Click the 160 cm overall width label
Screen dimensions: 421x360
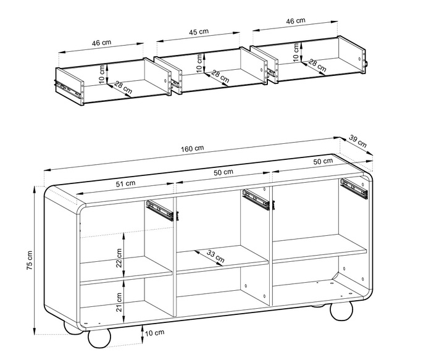pyautogui.click(x=192, y=149)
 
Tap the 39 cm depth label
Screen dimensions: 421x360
pyautogui.click(x=357, y=141)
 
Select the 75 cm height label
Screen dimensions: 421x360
pyautogui.click(x=30, y=261)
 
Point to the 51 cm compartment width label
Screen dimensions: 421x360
pyautogui.click(x=125, y=184)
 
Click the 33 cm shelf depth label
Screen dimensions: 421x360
pyautogui.click(x=215, y=256)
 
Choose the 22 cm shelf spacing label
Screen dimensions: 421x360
pyautogui.click(x=119, y=258)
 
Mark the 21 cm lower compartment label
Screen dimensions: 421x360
pyautogui.click(x=119, y=302)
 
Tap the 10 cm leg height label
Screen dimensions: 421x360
pyautogui.click(x=155, y=333)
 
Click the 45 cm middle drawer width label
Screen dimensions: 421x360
pyautogui.click(x=199, y=32)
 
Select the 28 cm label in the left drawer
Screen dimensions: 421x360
pyautogui.click(x=123, y=87)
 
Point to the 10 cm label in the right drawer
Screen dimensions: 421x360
pyautogui.click(x=296, y=52)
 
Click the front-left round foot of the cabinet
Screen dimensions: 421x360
pyautogui.click(x=99, y=338)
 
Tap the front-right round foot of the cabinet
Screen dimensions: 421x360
pyautogui.click(x=341, y=311)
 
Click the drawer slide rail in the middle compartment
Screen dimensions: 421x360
pyautogui.click(x=258, y=199)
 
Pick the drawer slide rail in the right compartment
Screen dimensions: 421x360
pyautogui.click(x=354, y=188)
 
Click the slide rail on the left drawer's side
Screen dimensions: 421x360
pyautogui.click(x=68, y=89)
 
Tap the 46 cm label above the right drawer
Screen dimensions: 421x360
pyautogui.click(x=295, y=21)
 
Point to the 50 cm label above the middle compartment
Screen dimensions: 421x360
pyautogui.click(x=223, y=172)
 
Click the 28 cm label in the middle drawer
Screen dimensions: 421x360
pyautogui.click(x=220, y=77)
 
